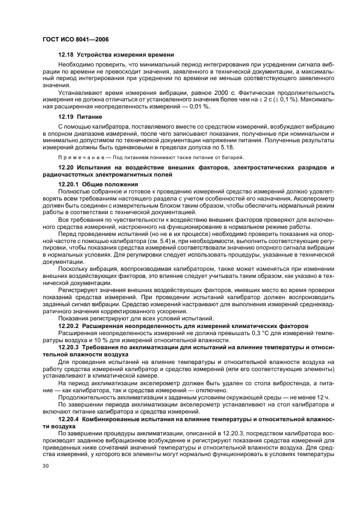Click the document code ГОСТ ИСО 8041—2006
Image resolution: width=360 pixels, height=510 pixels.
pyautogui.click(x=74, y=39)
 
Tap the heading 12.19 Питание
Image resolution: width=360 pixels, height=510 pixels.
pyautogui.click(x=77, y=117)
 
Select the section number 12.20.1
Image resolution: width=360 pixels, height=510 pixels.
pyautogui.click(x=70, y=184)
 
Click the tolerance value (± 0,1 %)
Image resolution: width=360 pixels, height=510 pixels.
pyautogui.click(x=281, y=101)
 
